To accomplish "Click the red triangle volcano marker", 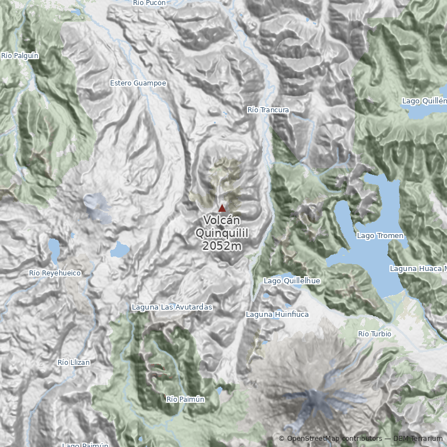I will point(222,208).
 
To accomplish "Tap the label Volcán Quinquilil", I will point(222,226).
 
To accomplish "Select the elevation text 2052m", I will point(222,246).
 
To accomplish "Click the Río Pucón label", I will point(149,3).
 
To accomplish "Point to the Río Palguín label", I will point(20,55).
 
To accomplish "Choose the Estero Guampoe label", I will point(138,83).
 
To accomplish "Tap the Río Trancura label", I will point(268,110).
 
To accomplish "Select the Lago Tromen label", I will point(380,236).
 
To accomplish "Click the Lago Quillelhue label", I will point(292,280).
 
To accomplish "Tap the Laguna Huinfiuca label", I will point(277,315).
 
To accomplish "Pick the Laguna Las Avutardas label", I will point(172,307).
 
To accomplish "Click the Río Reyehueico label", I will point(55,273).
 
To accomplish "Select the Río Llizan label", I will point(74,363).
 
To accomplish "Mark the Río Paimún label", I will point(186,400).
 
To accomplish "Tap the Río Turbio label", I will point(374,334).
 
